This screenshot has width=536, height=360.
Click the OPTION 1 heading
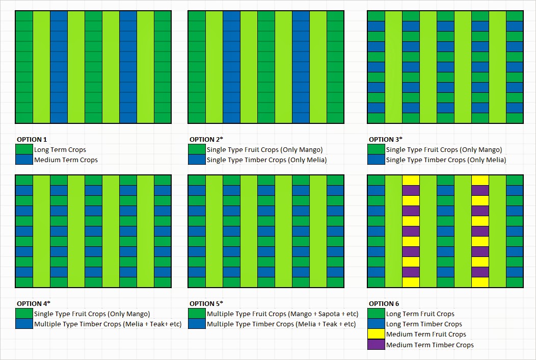click(32, 139)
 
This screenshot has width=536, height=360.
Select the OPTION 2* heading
click(206, 139)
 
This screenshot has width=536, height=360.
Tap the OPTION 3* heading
click(386, 139)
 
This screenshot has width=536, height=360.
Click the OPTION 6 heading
click(384, 303)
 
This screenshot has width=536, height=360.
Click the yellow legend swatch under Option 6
click(376, 335)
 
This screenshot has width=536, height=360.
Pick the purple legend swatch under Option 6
click(376, 345)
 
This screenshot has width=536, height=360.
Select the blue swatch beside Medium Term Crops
click(24, 160)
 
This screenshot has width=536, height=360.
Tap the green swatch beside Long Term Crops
click(24, 149)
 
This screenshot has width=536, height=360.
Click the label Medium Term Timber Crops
click(430, 345)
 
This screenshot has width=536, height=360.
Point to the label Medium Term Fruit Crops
click(426, 335)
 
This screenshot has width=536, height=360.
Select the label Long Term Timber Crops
click(424, 324)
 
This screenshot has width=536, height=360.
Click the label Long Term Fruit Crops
click(420, 314)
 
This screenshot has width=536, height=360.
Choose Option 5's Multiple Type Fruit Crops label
click(282, 314)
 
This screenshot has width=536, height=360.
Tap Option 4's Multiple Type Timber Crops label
click(108, 324)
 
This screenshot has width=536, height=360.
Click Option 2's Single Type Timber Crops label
click(266, 160)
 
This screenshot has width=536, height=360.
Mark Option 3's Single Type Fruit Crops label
click(444, 150)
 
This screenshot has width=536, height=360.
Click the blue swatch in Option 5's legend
click(197, 324)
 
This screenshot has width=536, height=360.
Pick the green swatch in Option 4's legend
click(24, 314)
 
